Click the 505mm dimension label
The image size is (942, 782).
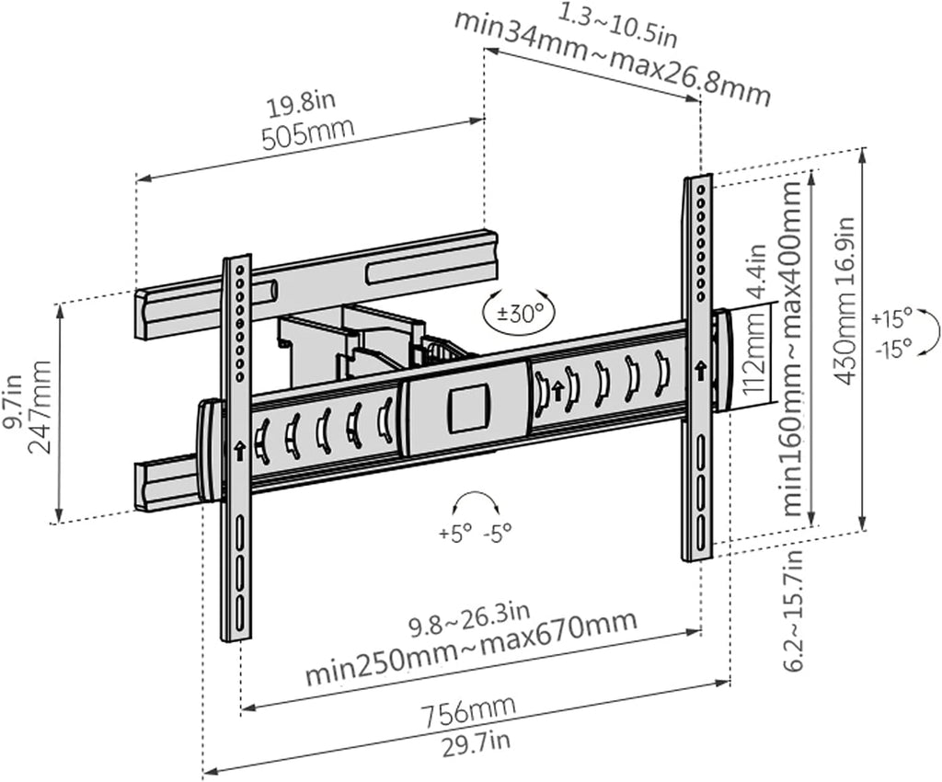pyautogui.click(x=307, y=135)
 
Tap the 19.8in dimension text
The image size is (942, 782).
pyautogui.click(x=301, y=106)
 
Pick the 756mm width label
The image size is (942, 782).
pyautogui.click(x=468, y=712)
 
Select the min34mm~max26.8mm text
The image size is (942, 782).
pyautogui.click(x=612, y=59)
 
